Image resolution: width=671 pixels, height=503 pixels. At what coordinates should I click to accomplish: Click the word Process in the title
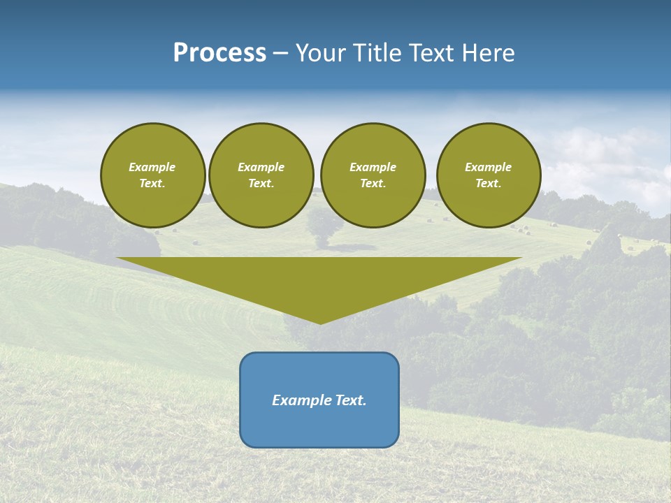[219, 53]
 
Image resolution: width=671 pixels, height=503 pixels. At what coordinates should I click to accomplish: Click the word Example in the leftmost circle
[152, 167]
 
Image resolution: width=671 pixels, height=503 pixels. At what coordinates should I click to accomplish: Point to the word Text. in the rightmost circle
[489, 183]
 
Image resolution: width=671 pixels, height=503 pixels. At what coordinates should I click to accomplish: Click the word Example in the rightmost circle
[489, 167]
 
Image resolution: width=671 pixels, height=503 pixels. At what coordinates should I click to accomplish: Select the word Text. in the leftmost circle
[152, 183]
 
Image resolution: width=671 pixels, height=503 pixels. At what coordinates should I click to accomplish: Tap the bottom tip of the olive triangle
[320, 321]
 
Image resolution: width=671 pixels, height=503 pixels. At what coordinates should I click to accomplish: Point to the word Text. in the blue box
[352, 400]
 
